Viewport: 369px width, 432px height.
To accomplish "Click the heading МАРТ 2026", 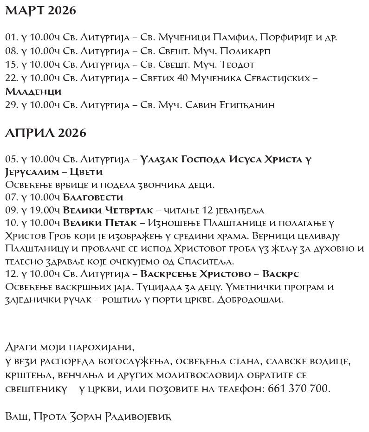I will (40, 12).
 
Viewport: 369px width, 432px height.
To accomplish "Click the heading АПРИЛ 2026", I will (45, 133).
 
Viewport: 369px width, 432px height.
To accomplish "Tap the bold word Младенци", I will (33, 91).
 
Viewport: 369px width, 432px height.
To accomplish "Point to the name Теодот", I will (238, 64).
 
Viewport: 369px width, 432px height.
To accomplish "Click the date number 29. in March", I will (11, 105).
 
